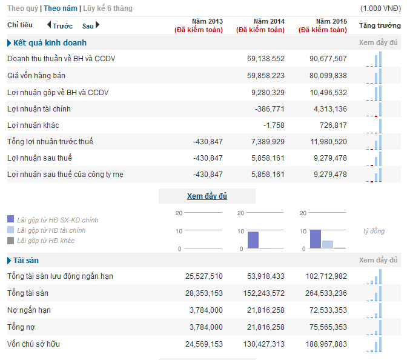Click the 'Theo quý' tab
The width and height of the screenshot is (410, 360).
(22, 8)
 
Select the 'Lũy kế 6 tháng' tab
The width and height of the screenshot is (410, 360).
(108, 8)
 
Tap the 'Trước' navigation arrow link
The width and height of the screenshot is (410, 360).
(60, 25)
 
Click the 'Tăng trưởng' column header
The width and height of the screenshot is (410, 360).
(380, 25)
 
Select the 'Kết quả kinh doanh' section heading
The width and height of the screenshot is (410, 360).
(50, 42)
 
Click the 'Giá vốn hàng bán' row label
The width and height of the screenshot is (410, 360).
(36, 76)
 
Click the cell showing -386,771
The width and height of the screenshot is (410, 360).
(269, 109)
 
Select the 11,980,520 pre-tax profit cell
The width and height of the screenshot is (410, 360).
(328, 142)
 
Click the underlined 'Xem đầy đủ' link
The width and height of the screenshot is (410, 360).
(207, 196)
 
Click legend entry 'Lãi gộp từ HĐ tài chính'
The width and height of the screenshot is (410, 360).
(51, 230)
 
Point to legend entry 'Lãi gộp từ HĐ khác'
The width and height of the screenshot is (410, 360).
(46, 241)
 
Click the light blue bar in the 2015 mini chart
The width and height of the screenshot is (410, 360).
(327, 244)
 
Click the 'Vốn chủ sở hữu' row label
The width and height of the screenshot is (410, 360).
(34, 344)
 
